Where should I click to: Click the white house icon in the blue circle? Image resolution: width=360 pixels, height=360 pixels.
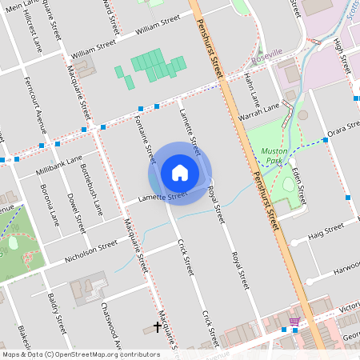180,172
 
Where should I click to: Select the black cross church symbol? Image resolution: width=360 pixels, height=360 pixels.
158,326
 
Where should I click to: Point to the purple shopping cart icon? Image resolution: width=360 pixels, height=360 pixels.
294,322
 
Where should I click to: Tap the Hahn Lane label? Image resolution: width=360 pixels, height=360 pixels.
252,87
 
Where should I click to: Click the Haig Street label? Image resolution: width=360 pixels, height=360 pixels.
326,229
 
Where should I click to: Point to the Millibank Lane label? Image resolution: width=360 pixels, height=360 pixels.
59,166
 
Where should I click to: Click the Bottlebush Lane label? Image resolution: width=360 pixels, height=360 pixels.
93,195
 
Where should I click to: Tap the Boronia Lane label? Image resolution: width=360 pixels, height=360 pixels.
50,206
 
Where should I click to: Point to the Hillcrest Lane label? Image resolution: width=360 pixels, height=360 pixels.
34,33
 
